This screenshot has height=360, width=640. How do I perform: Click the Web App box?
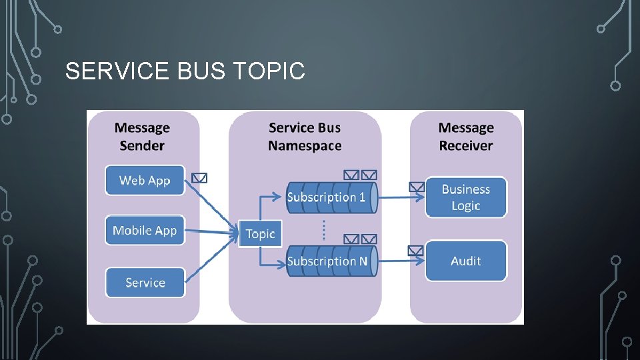145,181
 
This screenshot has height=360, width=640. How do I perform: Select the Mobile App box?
145,231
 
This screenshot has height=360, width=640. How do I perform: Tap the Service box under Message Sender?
145,283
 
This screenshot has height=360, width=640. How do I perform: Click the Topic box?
260,233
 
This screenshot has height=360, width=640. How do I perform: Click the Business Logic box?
465,197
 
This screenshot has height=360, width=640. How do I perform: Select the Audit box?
465,261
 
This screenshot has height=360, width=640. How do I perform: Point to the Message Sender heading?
142,137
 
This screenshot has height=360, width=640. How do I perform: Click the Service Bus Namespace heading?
305,137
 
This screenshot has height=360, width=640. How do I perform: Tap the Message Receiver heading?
466,137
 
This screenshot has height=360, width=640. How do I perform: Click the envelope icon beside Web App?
199,178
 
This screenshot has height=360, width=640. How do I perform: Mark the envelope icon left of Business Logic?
416,187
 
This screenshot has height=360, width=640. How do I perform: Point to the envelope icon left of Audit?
415,251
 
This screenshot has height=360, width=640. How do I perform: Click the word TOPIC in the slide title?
270,71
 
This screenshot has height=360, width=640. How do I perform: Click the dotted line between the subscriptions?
324,230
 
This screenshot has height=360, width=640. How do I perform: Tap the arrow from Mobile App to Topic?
211,232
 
